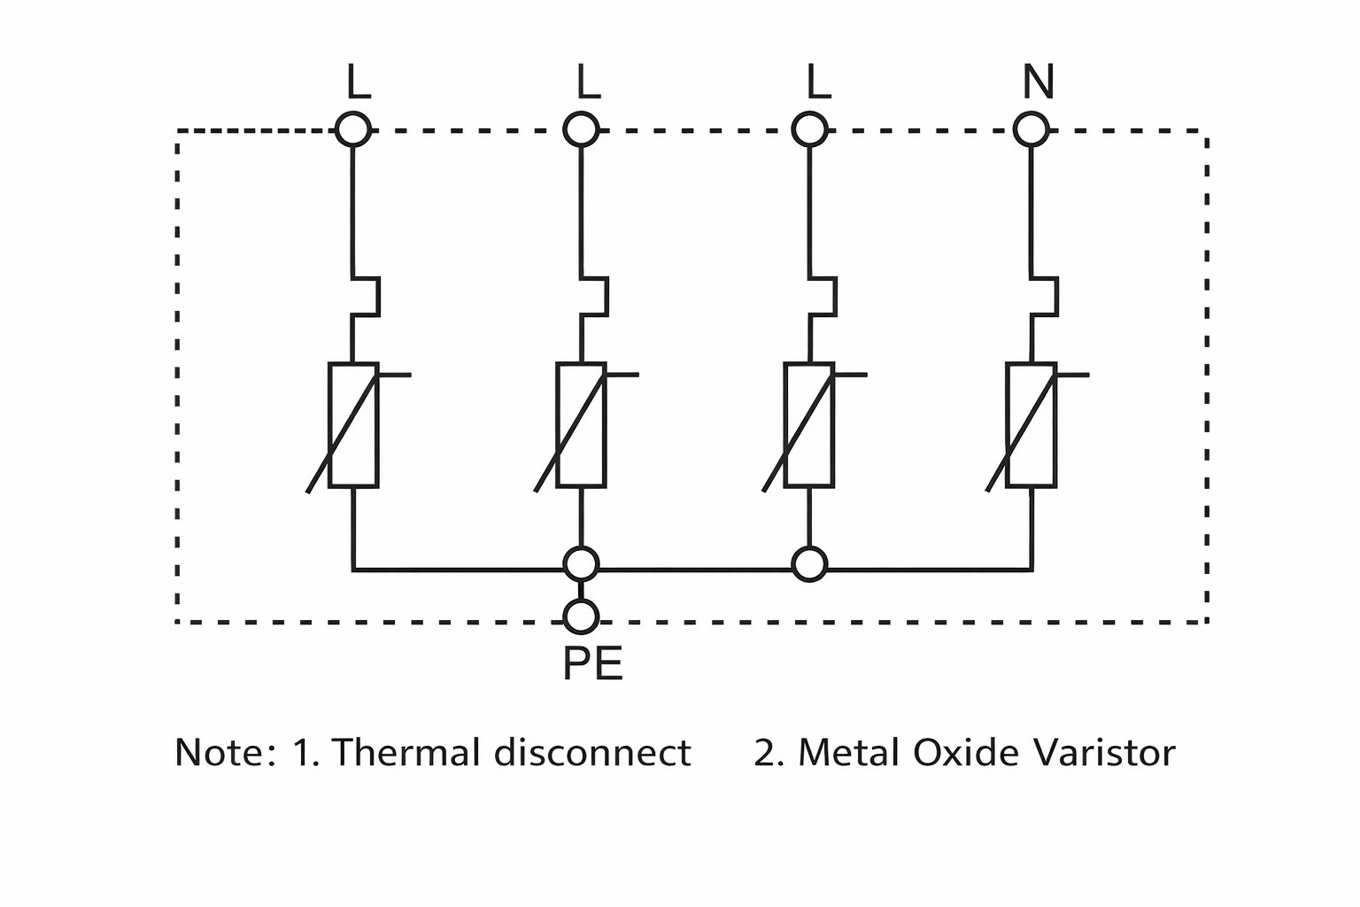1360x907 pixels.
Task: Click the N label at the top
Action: point(1038,82)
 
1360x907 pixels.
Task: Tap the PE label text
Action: point(592,664)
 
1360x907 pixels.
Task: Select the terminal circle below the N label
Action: point(1032,130)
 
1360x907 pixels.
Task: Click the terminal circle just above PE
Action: point(582,616)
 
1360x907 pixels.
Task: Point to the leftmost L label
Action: point(359,83)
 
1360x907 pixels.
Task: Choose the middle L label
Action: point(588,83)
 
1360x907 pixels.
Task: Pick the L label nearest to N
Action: point(819,83)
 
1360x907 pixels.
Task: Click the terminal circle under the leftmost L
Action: point(353,130)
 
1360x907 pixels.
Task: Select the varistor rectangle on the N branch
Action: point(1032,425)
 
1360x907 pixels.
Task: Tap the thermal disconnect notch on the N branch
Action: point(1046,296)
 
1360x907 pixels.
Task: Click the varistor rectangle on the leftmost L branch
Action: point(354,425)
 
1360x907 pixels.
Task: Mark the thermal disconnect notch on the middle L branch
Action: point(595,296)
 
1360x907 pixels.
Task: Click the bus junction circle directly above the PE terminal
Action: point(582,563)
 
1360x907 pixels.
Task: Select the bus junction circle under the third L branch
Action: point(810,563)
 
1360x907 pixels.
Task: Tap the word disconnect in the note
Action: point(592,753)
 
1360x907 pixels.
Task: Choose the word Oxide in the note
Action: point(955,753)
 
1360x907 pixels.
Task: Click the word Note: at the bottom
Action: point(226,753)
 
